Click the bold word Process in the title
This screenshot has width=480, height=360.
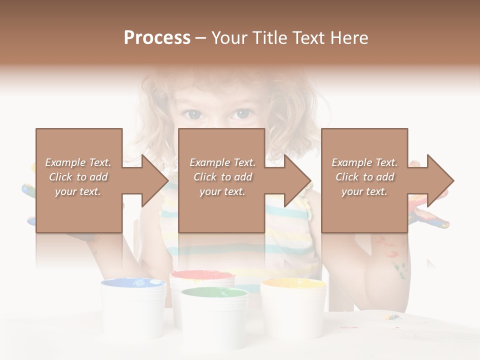click(x=157, y=37)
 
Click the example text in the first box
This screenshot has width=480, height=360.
click(x=78, y=176)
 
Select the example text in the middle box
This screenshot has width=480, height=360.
click(x=222, y=176)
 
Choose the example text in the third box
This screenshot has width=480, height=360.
click(x=364, y=176)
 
